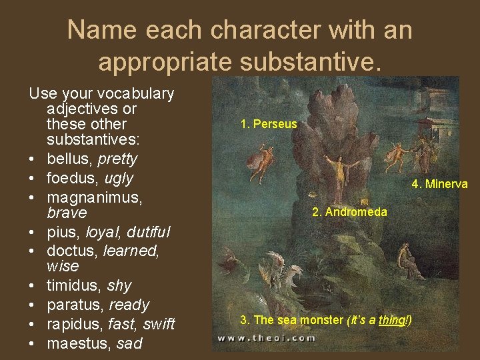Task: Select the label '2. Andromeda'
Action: [349, 212]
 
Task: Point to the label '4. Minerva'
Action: [439, 184]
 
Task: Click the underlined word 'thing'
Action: [391, 321]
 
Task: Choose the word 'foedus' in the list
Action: [72, 179]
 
